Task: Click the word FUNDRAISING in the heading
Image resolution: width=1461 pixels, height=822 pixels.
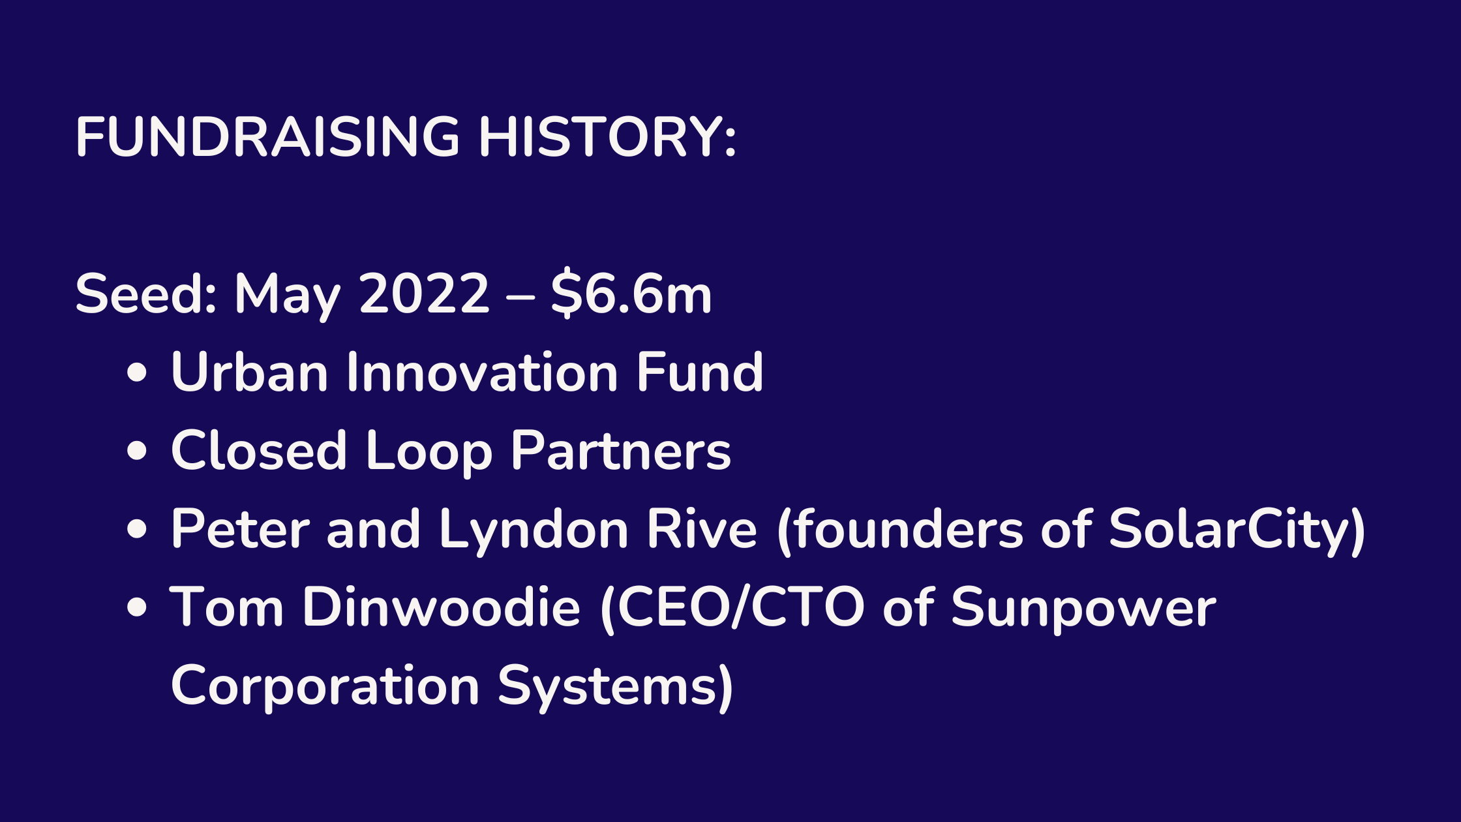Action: [x=268, y=137]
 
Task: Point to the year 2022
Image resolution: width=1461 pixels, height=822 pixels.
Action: [x=424, y=294]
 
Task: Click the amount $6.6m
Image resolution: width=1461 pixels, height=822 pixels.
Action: [x=631, y=294]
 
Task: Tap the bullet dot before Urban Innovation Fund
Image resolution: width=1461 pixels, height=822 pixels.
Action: [x=137, y=373]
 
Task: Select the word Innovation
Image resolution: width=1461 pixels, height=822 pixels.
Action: [x=482, y=372]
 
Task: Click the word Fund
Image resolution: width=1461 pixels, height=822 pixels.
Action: [x=700, y=372]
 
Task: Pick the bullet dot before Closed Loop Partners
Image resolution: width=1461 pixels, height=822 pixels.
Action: [x=137, y=451]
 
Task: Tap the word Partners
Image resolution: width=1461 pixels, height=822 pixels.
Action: [x=621, y=450]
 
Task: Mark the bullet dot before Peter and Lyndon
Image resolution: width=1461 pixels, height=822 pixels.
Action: [x=137, y=529]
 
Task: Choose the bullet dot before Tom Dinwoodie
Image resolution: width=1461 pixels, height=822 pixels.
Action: [x=137, y=607]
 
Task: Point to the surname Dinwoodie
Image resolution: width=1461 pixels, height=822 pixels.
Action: [x=441, y=607]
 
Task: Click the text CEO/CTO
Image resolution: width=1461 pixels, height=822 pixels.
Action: [x=741, y=607]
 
